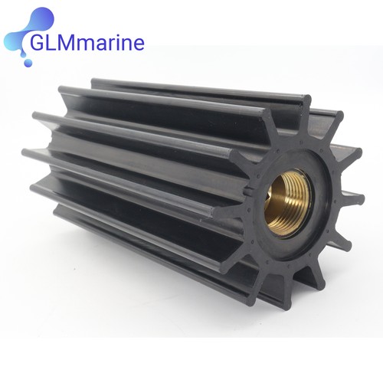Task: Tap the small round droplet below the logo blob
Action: tap(28, 62)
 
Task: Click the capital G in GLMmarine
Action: tap(38, 43)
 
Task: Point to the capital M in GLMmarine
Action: tap(69, 43)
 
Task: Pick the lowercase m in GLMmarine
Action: tap(88, 44)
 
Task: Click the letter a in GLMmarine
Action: tap(105, 44)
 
